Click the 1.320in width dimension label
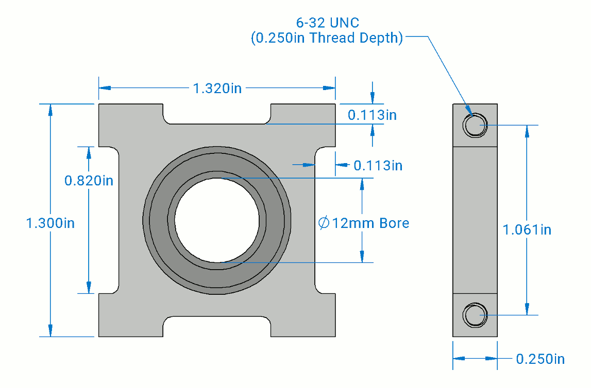[x=217, y=89]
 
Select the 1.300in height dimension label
[x=50, y=223]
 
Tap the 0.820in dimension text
[x=89, y=181]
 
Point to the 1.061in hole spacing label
[x=527, y=230]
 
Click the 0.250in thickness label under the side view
[x=540, y=359]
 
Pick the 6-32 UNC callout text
[x=328, y=23]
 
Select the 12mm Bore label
[x=370, y=223]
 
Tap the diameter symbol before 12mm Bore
[x=324, y=223]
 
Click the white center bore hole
[x=217, y=220]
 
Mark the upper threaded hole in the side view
[x=475, y=125]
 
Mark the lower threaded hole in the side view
[x=475, y=315]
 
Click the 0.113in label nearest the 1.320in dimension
[x=372, y=115]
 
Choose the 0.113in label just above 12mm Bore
[x=378, y=166]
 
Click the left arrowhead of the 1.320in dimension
[x=105, y=87]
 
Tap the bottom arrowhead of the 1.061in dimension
[x=527, y=309]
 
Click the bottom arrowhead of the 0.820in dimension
[x=89, y=288]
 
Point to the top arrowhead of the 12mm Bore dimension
[x=362, y=184]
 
